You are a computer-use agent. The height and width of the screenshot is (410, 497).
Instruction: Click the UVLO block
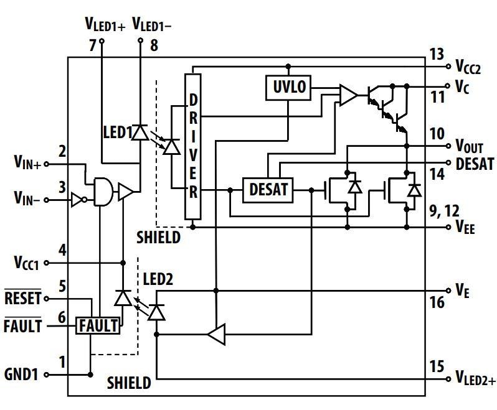click(x=289, y=88)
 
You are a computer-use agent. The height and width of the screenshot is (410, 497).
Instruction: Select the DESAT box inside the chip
click(x=269, y=189)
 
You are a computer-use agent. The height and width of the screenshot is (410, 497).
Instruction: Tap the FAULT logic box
click(x=98, y=325)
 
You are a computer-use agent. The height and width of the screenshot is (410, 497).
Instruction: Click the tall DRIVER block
click(x=194, y=147)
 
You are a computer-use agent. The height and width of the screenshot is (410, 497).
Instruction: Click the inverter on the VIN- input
click(x=77, y=200)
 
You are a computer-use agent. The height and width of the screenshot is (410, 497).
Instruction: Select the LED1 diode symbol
click(x=141, y=132)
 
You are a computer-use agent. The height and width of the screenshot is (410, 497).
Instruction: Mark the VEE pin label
click(x=466, y=228)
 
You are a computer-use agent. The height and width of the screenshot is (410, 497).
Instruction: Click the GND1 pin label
click(x=22, y=375)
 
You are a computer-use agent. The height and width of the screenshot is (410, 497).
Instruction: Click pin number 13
click(x=437, y=54)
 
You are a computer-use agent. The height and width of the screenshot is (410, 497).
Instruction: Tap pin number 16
click(x=437, y=303)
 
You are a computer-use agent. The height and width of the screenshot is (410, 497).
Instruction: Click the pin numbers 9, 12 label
click(x=443, y=212)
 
